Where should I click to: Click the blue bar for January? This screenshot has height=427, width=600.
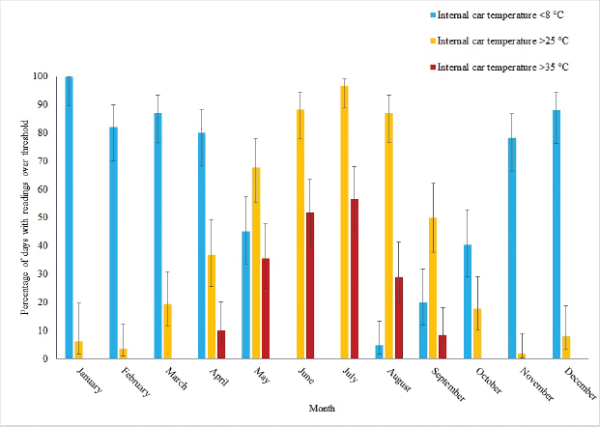click(69, 217)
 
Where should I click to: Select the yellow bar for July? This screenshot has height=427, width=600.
click(344, 222)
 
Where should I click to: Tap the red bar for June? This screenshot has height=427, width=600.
click(309, 286)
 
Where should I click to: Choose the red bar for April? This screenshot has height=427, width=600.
click(221, 344)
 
